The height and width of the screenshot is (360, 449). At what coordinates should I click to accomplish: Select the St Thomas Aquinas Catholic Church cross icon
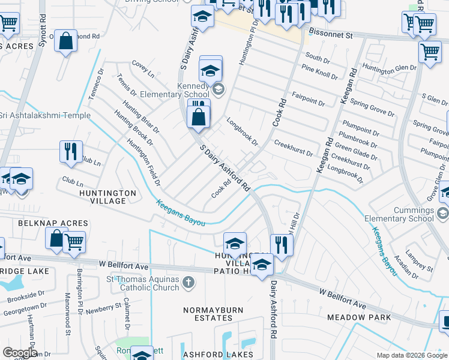pyautogui.click(x=188, y=282)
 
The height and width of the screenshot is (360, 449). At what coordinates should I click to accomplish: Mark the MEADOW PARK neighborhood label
pyautogui.click(x=359, y=317)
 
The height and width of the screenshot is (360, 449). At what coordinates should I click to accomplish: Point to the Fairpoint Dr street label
pyautogui.click(x=308, y=99)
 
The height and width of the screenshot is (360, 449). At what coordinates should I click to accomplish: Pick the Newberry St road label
pyautogui.click(x=104, y=308)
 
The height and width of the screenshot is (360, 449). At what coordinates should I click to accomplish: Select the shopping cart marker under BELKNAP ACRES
pyautogui.click(x=74, y=242)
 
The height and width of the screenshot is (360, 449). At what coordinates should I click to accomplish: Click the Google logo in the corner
pyautogui.click(x=20, y=353)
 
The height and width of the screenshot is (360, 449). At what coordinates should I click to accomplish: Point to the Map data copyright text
pyautogui.click(x=412, y=355)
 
